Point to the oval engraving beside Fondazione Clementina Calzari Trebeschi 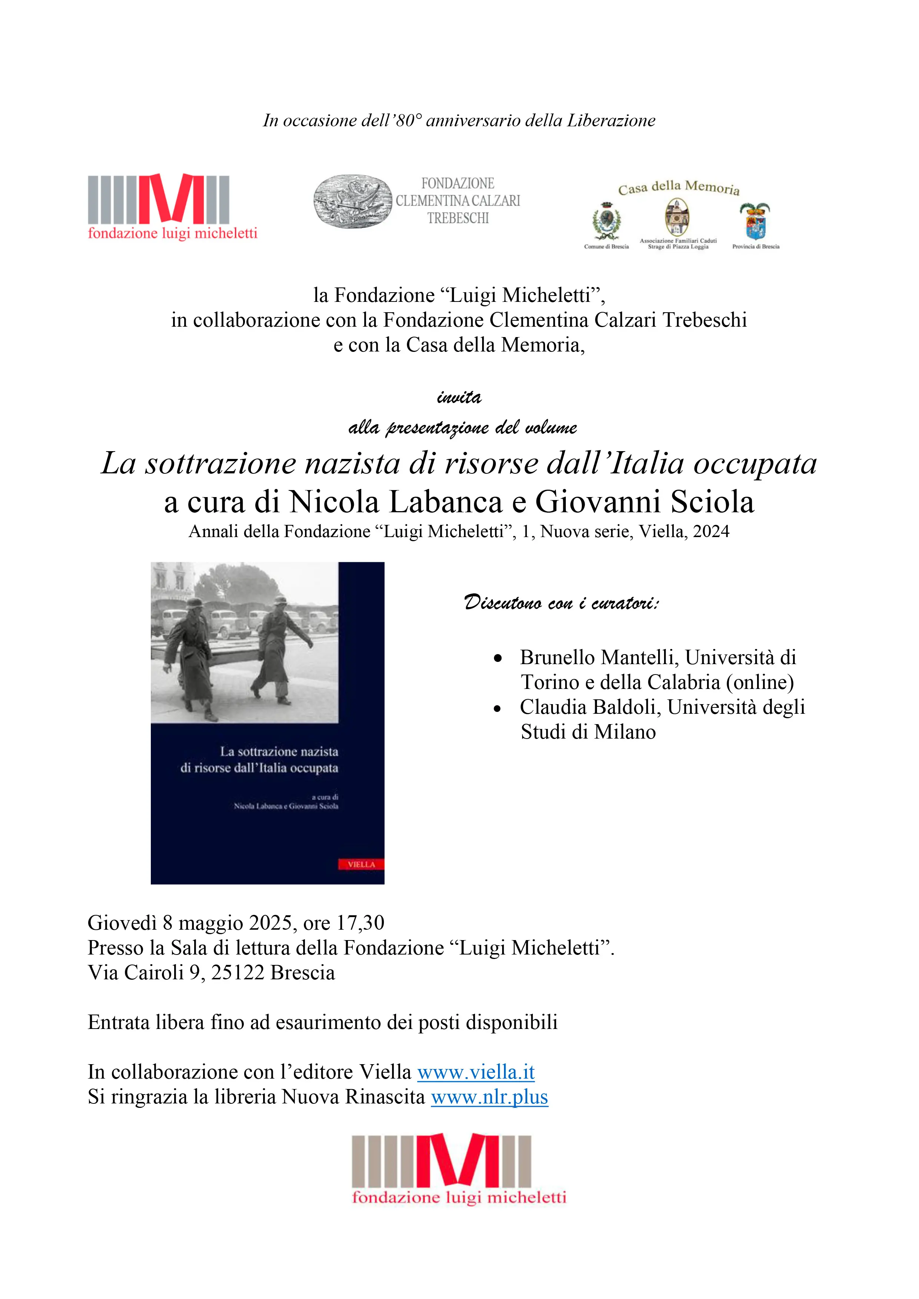(x=352, y=201)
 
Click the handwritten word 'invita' (x=459, y=397)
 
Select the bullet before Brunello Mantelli (x=497, y=658)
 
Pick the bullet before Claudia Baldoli (x=497, y=708)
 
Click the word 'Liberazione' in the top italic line (x=611, y=120)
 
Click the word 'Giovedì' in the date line (x=122, y=923)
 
